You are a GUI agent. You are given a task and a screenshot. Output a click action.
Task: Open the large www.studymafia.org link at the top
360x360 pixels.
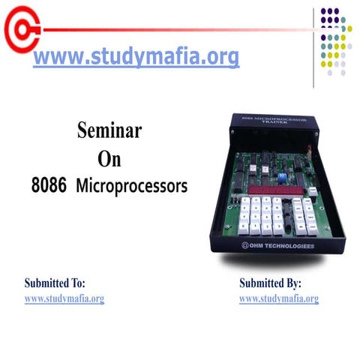pyautogui.click(x=136, y=57)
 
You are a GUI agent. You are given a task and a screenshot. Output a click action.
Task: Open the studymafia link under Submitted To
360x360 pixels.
pyautogui.click(x=64, y=298)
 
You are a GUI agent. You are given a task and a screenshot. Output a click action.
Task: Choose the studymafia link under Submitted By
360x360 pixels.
pyautogui.click(x=279, y=298)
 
